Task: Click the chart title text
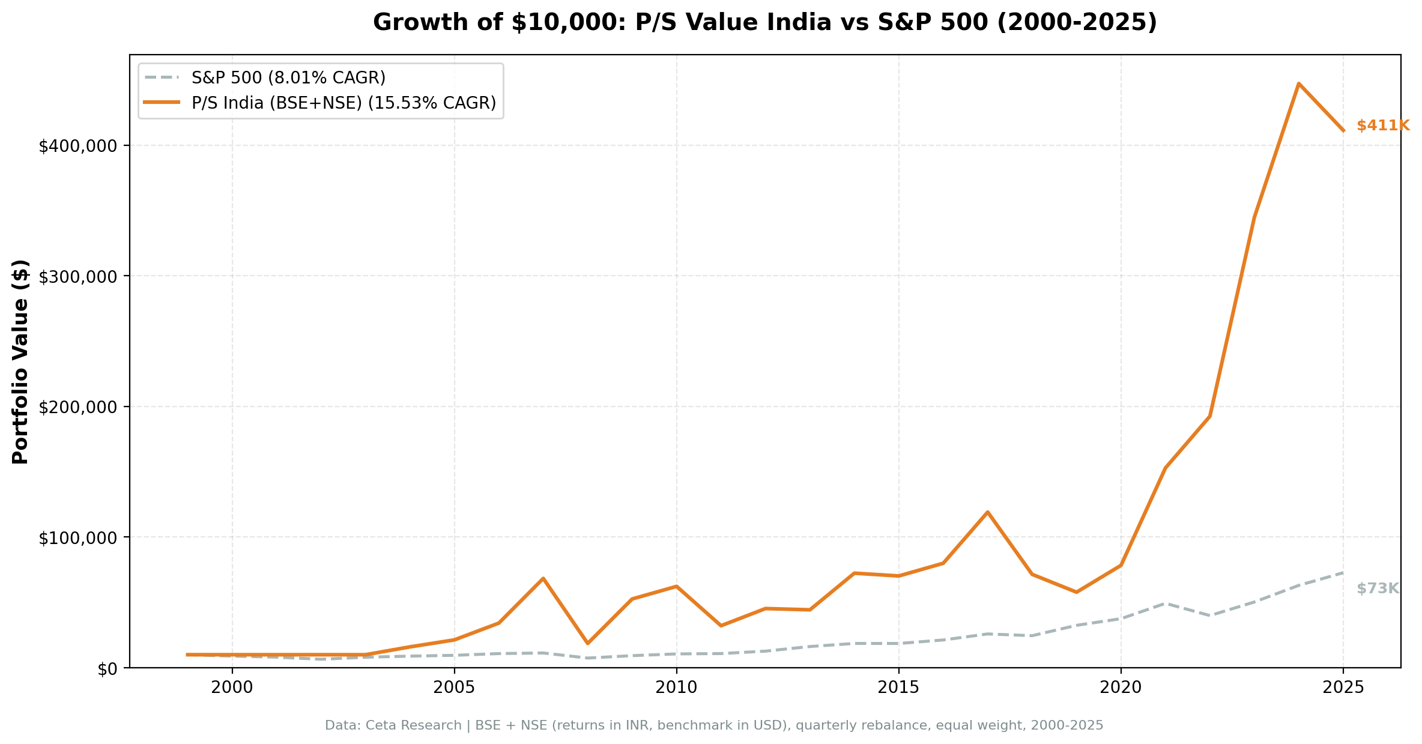pyautogui.click(x=764, y=23)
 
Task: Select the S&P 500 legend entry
pyautogui.click(x=288, y=78)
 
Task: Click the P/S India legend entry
pyautogui.click(x=343, y=103)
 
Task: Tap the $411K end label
pyautogui.click(x=1382, y=126)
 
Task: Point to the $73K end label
pyautogui.click(x=1378, y=589)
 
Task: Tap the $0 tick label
pyautogui.click(x=109, y=669)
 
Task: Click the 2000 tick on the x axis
pyautogui.click(x=232, y=688)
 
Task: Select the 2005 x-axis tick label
pyautogui.click(x=455, y=688)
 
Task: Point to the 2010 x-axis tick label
pyautogui.click(x=677, y=688)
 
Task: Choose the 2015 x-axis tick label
pyautogui.click(x=898, y=688)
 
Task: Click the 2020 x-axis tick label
pyautogui.click(x=1121, y=688)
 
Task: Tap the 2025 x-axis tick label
pyautogui.click(x=1343, y=688)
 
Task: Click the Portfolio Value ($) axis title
pyautogui.click(x=21, y=361)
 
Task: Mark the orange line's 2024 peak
pyautogui.click(x=1298, y=83)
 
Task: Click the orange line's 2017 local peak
pyautogui.click(x=987, y=512)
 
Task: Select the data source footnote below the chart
pyautogui.click(x=714, y=726)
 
